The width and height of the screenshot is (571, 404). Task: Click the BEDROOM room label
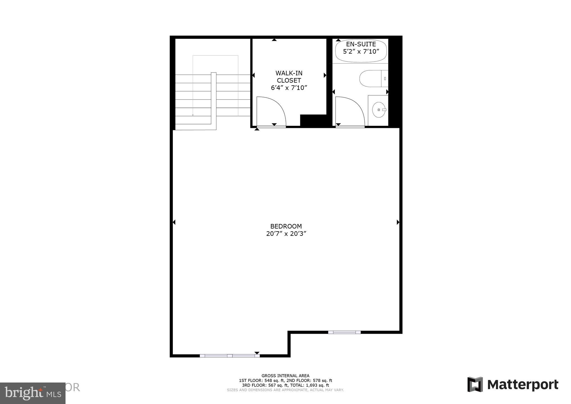pos(286,226)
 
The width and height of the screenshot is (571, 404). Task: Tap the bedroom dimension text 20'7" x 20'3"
pos(286,234)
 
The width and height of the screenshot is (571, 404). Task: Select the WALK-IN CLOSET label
pos(289,77)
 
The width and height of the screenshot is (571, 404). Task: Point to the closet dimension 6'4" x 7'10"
pos(289,88)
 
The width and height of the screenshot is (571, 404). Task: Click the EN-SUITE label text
pos(361,44)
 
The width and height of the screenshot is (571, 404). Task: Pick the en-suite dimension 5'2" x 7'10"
pos(361,52)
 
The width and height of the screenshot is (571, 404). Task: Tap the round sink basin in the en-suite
pos(379,110)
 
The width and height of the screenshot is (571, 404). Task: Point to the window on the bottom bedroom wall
pos(230,356)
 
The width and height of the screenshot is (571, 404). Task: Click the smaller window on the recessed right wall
pos(344,332)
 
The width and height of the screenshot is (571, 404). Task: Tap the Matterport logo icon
pos(475,384)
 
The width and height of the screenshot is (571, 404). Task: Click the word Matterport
pos(522,385)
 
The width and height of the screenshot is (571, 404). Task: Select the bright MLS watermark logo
pos(33,393)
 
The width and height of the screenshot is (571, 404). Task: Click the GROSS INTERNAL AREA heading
pos(285,376)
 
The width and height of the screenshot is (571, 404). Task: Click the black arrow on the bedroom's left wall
pos(174,222)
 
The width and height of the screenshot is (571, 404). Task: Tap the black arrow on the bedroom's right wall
pos(398,222)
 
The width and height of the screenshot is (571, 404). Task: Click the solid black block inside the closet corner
pos(313,121)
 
